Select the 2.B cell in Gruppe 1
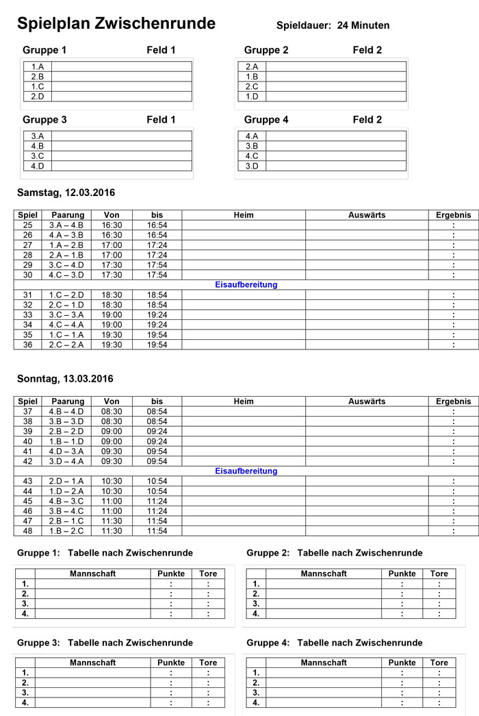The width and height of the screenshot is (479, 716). (37, 77)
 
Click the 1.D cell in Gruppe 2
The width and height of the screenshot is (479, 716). (252, 97)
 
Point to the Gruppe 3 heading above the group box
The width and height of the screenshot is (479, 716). (44, 120)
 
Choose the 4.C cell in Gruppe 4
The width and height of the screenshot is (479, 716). (252, 156)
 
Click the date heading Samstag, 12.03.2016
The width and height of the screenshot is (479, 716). (66, 193)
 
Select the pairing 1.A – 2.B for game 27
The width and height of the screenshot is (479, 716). (66, 245)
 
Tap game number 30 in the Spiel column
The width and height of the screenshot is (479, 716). (28, 275)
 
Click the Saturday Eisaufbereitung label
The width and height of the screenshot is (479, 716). (246, 285)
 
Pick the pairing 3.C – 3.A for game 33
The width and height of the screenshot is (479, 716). (66, 315)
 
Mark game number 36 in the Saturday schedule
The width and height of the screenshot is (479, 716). (28, 345)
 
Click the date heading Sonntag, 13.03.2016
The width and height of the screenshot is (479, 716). (65, 379)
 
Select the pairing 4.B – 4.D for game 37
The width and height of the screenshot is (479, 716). (66, 412)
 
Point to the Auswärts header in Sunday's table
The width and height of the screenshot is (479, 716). (367, 402)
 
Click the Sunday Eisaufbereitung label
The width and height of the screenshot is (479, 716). (246, 471)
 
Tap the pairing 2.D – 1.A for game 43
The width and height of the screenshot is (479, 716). (66, 482)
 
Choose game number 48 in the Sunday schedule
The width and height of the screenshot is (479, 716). (28, 531)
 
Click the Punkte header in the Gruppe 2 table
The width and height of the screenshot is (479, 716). (402, 574)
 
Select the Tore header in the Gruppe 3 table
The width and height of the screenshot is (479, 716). (208, 663)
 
